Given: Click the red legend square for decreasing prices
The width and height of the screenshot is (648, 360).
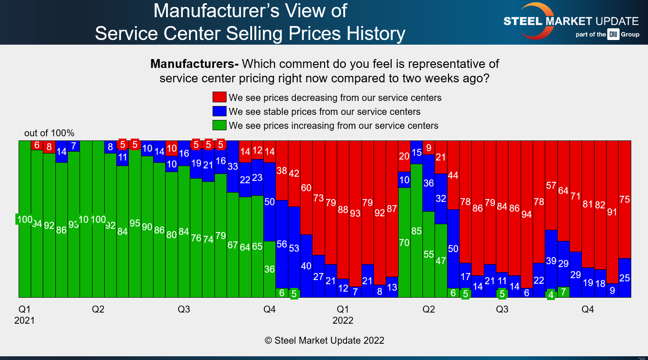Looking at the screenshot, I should pos(220,97).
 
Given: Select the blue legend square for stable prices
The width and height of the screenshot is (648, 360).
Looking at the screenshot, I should pos(220,112).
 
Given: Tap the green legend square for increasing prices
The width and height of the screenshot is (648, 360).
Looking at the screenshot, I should pos(220,126).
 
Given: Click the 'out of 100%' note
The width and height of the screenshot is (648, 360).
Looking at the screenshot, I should pos(49,133).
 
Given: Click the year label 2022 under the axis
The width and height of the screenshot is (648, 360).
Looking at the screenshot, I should pos(343,320).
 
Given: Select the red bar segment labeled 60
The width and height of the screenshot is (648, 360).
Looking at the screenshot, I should pos(306,188).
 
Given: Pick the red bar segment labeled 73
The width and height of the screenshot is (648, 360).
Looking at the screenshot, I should pos(318,198).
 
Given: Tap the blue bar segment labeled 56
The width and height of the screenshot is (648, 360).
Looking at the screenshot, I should pos(282,244).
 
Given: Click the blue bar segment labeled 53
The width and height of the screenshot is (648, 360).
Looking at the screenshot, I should pos(294,248).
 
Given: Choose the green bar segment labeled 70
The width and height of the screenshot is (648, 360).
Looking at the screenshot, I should pos(404,242).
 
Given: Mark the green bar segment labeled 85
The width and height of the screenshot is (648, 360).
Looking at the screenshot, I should pos(416,231).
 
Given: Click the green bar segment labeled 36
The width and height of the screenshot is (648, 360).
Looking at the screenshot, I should pos(270,269).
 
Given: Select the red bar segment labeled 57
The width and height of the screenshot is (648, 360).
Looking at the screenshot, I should pos(551,185).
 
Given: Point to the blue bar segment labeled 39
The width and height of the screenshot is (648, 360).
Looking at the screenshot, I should pos(551,261).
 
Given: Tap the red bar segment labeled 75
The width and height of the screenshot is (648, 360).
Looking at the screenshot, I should pos(625,199).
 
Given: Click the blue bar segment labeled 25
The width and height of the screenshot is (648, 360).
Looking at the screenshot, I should pos(625,278).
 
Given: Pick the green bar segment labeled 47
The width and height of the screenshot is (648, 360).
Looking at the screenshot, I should pos(441,260).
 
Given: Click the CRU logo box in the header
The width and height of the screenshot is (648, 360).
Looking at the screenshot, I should pos(613,34).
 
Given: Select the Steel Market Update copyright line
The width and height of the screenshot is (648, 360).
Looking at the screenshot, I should pos(324,340).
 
